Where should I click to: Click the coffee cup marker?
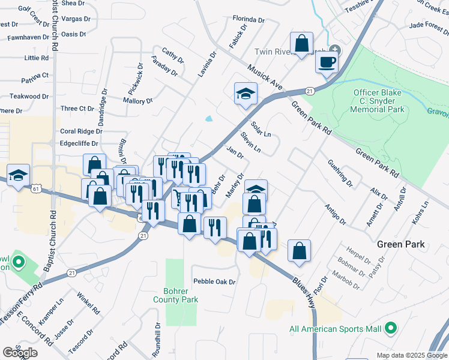pos(327,61)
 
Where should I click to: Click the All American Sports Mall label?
pos(335,329)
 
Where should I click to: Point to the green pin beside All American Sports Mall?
pos(391,328)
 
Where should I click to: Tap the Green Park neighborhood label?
pos(401,244)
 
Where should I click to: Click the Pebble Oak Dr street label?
pos(214,281)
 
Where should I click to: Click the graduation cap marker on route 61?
pos(19,175)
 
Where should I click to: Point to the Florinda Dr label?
pos(249,20)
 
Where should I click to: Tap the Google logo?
pos(20,353)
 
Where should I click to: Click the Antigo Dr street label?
pos(335,214)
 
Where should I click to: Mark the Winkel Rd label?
pos(88,303)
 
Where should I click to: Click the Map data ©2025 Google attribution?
pos(411,355)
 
